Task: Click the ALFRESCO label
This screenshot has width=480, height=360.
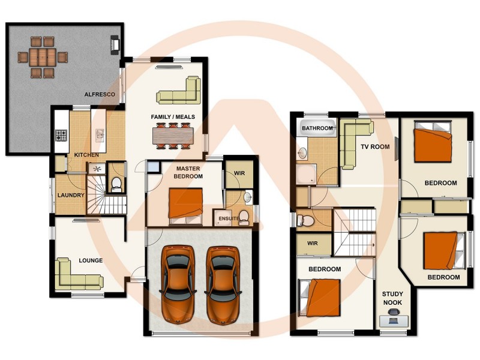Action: pyautogui.click(x=100, y=94)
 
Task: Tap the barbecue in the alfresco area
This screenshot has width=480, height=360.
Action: pyautogui.click(x=115, y=44)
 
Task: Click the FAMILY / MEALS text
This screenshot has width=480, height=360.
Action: pyautogui.click(x=173, y=116)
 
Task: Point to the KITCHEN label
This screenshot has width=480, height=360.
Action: pyautogui.click(x=86, y=155)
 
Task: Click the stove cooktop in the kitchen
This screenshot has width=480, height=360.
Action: pyautogui.click(x=61, y=136)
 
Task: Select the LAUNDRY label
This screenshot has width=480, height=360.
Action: pyautogui.click(x=70, y=195)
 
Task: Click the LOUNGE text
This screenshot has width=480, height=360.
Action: pyautogui.click(x=91, y=260)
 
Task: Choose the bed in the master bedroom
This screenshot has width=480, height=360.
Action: pyautogui.click(x=185, y=204)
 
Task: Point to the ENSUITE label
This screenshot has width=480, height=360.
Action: pyautogui.click(x=229, y=218)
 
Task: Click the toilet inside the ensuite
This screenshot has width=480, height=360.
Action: pyautogui.click(x=244, y=217)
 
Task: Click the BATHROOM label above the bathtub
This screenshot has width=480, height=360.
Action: pyautogui.click(x=317, y=128)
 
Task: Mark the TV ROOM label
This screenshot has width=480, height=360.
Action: pyautogui.click(x=375, y=146)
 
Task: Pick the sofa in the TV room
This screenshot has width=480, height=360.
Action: pyautogui.click(x=353, y=142)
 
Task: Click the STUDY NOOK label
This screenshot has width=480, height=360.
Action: pyautogui.click(x=393, y=298)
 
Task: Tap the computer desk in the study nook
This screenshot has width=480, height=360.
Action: pyautogui.click(x=394, y=320)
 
